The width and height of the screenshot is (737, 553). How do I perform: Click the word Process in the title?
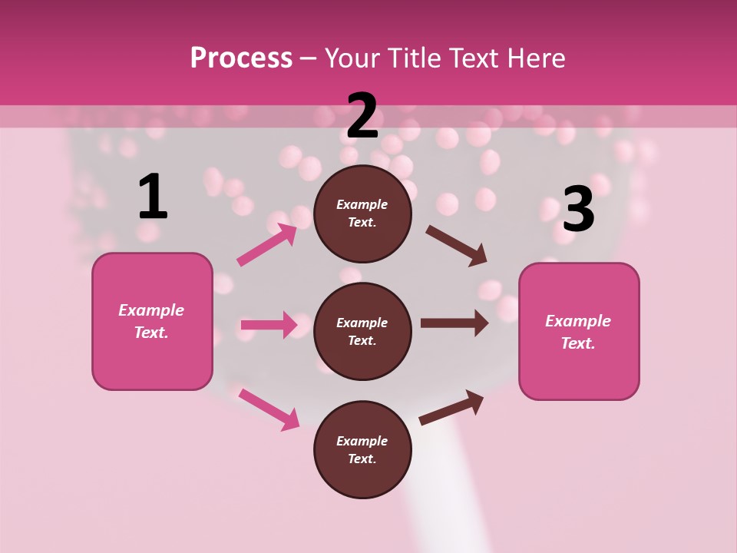pos(241,58)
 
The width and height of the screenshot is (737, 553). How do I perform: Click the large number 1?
pos(153,197)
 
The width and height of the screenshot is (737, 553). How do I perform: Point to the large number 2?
pos(362,116)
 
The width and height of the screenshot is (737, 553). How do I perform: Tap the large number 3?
pos(578,209)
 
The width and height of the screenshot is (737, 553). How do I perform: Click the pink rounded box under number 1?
pos(152,321)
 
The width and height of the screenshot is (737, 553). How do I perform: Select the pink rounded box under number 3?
pos(579,331)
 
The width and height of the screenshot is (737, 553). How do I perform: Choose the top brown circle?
pos(362,214)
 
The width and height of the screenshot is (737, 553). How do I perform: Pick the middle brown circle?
pos(362,331)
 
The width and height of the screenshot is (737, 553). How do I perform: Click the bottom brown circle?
pos(362,449)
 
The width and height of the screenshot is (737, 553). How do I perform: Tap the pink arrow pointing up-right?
pos(267,245)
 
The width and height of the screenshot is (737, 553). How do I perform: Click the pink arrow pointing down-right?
pos(269,409)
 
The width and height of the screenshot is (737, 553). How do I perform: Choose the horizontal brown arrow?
pos(454,323)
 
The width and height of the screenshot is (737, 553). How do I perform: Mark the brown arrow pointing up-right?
pos(451,408)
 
